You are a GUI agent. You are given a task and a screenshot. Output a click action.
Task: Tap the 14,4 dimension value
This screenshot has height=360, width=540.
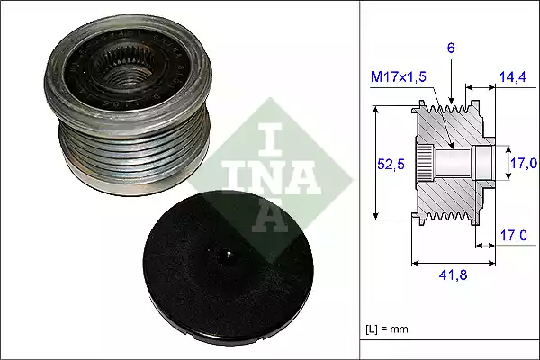point(512,79)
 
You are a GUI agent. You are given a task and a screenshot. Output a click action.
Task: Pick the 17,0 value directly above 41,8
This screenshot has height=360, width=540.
point(512,236)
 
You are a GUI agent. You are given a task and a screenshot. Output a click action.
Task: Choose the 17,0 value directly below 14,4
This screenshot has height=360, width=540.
point(523,163)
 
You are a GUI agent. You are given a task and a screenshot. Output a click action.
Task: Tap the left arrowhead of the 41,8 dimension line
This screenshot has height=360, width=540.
point(414,264)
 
